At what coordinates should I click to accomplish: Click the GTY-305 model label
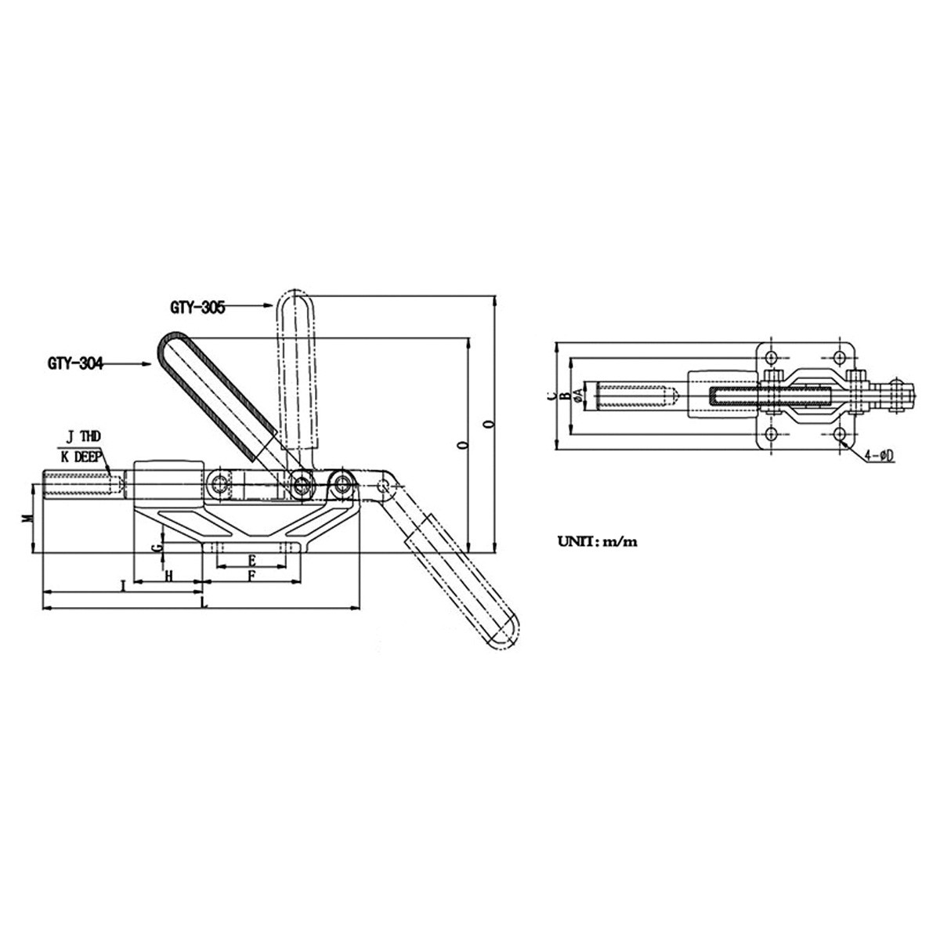point(197,308)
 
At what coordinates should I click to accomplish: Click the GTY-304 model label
point(76,364)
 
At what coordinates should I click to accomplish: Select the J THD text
point(83,436)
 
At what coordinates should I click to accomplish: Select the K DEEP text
point(81,457)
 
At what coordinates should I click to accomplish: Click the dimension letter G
point(157,548)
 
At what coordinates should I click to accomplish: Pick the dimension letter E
point(252,559)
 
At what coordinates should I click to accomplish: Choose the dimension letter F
point(252,576)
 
